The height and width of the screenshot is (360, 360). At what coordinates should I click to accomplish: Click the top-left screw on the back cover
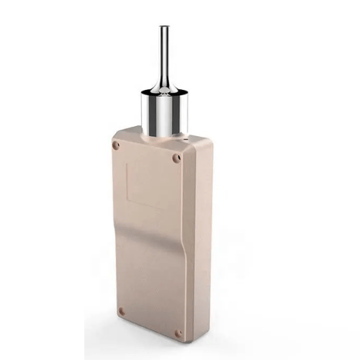coord(116,145)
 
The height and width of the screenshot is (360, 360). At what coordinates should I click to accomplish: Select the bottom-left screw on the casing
coord(121,312)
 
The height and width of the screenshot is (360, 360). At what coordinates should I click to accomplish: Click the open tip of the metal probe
coord(164,27)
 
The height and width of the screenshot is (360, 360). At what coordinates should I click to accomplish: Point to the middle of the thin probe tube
coord(164,54)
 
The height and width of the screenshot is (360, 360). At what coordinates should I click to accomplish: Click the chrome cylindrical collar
coord(166,112)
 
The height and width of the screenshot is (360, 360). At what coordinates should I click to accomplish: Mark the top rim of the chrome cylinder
coord(166,92)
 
